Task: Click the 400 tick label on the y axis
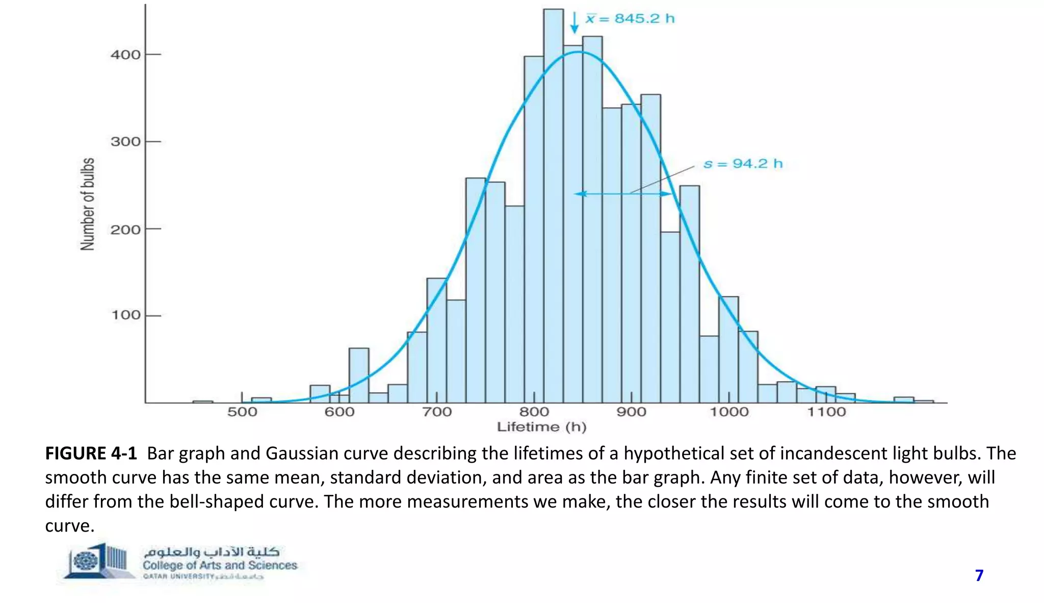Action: coord(125,55)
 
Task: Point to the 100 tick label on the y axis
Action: coord(125,315)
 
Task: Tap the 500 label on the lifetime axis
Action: coord(242,412)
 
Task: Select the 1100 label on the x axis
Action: coord(826,412)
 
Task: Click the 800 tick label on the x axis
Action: coord(534,412)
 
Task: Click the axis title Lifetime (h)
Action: coord(541,428)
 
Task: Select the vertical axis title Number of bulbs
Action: coord(88,204)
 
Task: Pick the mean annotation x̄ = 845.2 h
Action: coord(630,19)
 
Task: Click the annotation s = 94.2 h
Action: coord(743,164)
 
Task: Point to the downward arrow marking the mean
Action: coord(575,23)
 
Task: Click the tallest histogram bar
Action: coord(554,204)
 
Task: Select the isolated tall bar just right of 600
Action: coord(359,375)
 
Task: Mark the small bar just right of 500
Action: coord(262,400)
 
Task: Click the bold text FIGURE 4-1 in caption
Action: coord(91,453)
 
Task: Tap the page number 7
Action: coord(979,575)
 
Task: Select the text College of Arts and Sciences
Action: coord(220,565)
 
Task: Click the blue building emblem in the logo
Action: coord(97,561)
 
